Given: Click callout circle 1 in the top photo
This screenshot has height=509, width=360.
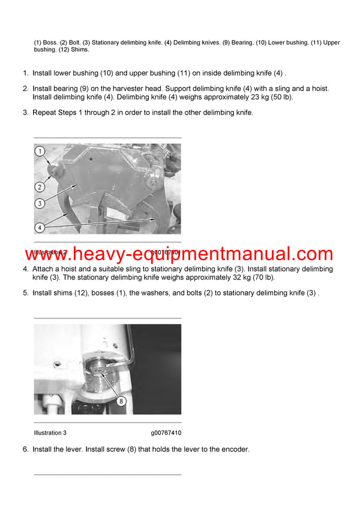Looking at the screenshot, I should (x=40, y=152).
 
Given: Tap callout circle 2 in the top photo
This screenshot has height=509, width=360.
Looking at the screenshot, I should (x=40, y=186).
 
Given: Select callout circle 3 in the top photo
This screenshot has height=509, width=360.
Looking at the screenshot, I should (x=40, y=204).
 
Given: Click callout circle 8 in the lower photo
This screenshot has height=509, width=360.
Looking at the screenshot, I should (x=121, y=401).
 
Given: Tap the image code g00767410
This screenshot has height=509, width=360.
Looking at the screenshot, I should (x=166, y=432).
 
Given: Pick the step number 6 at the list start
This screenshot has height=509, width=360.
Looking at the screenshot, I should (x=26, y=449).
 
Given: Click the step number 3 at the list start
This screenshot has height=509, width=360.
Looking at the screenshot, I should (x=26, y=112).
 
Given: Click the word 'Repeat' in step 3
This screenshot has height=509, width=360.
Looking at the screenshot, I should (x=45, y=112).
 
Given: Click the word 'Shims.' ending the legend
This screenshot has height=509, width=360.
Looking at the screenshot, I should (x=79, y=50).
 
